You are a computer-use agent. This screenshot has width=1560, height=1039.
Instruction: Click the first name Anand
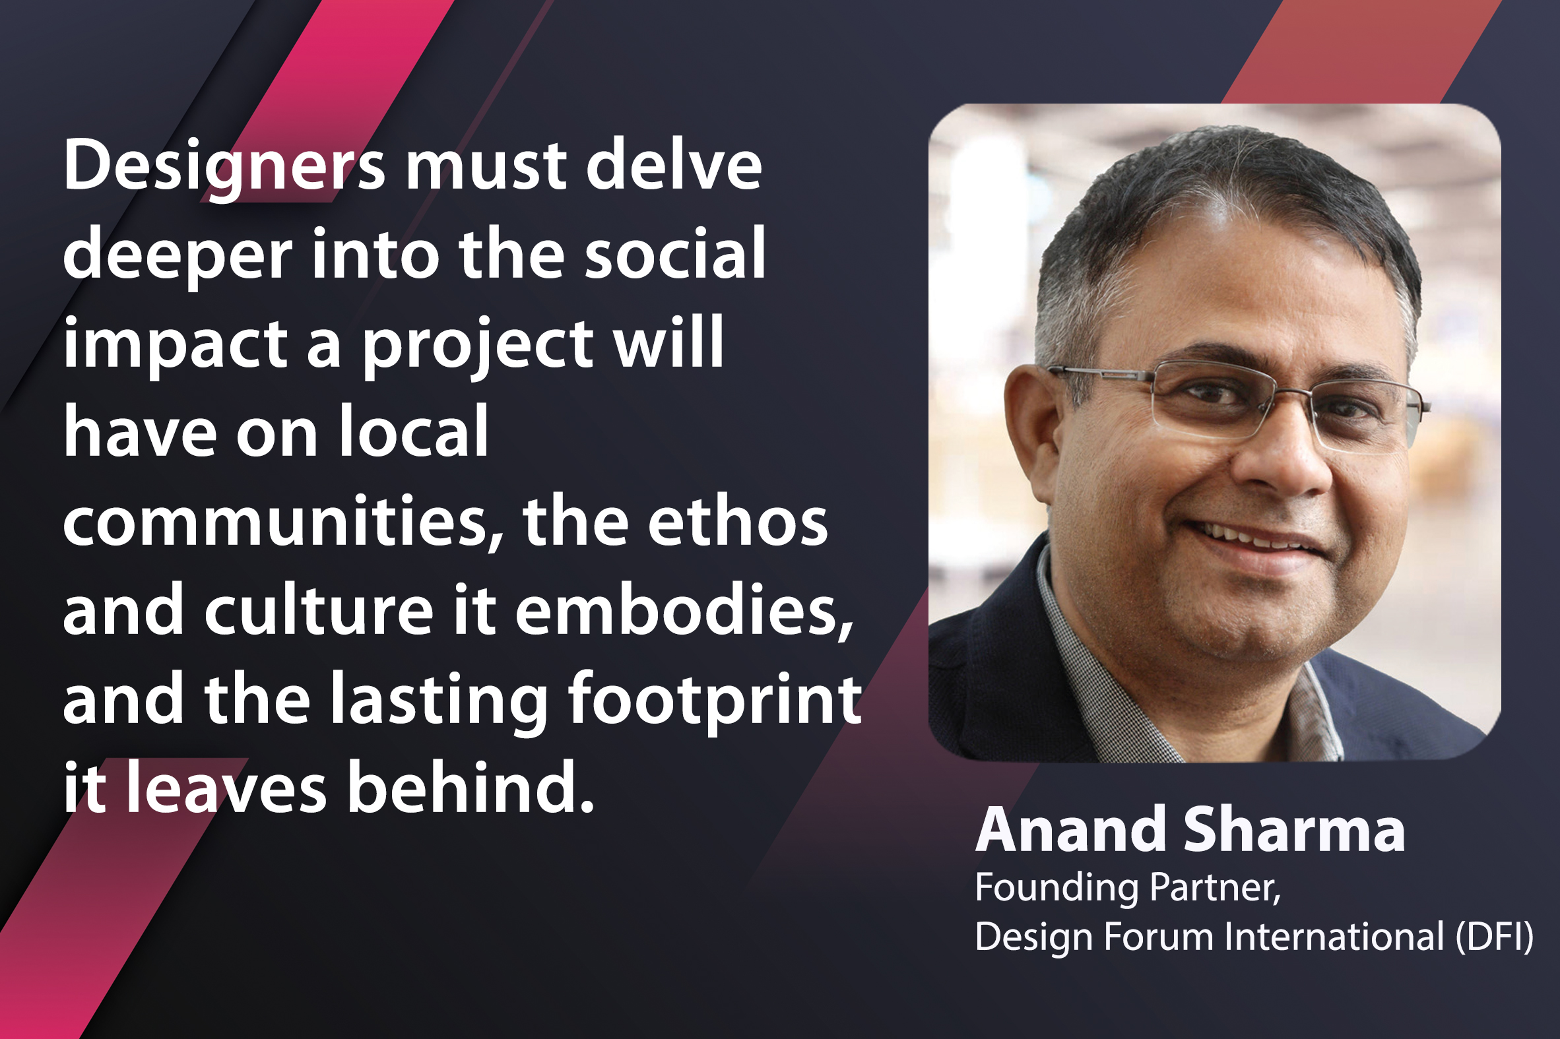(1070, 830)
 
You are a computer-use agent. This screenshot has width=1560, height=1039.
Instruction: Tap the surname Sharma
(1294, 830)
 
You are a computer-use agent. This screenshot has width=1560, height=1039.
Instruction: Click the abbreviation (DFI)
(1495, 937)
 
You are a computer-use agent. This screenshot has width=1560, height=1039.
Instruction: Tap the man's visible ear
(1031, 431)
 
